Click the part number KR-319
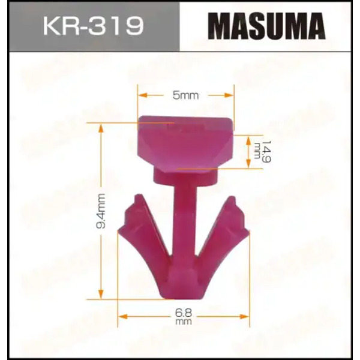coord(94,25)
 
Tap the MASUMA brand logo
coord(266,26)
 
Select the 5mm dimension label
coord(185,95)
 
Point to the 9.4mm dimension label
coord(101,211)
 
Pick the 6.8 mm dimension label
coord(184,317)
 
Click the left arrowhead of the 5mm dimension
coord(142,95)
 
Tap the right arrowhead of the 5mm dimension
coord(229,95)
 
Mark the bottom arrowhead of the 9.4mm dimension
coord(101,295)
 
